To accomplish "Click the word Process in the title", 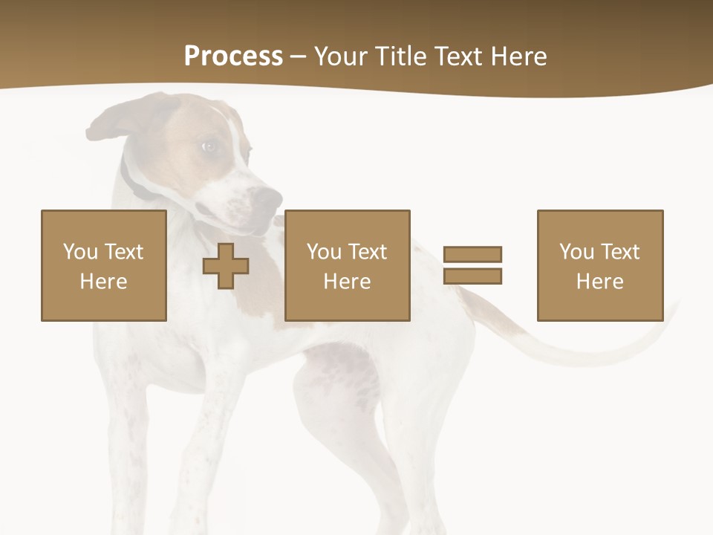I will [x=233, y=56].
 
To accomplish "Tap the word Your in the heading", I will [x=341, y=56].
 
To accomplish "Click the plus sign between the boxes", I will [x=226, y=266].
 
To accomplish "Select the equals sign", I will [x=472, y=265].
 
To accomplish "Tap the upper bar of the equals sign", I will [x=472, y=254].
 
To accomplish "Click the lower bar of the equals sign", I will [x=472, y=276].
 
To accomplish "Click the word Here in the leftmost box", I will [x=104, y=282].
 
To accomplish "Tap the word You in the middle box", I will [x=324, y=252].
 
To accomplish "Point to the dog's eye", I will [x=209, y=146].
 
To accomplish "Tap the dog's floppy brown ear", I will [x=119, y=123].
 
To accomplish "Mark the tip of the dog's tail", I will [x=674, y=308].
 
